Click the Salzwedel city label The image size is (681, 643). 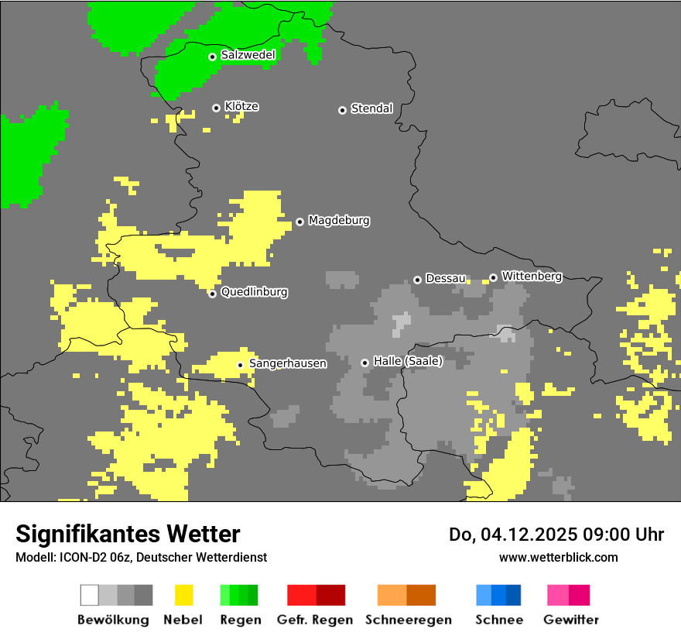[x=248, y=55]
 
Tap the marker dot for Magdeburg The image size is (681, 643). [x=299, y=222]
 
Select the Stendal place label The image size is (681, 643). [x=371, y=108]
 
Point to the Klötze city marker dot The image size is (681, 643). [x=216, y=108]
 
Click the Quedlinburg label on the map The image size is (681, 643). [x=254, y=292]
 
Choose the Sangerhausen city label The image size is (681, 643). [x=287, y=363]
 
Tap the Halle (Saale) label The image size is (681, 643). [x=408, y=361]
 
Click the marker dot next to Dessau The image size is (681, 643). [x=417, y=280]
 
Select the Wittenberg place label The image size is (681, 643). [x=532, y=276]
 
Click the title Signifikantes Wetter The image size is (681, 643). [x=128, y=534]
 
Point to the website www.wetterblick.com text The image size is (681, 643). [x=558, y=557]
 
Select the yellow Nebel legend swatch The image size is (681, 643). [x=183, y=595]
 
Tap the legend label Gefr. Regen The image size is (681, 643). [x=315, y=620]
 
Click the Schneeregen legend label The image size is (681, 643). [x=407, y=620]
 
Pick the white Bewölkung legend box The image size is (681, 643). [x=89, y=595]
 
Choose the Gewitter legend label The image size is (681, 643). [x=570, y=620]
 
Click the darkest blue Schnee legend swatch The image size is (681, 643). [x=513, y=595]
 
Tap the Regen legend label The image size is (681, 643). [x=241, y=620]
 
